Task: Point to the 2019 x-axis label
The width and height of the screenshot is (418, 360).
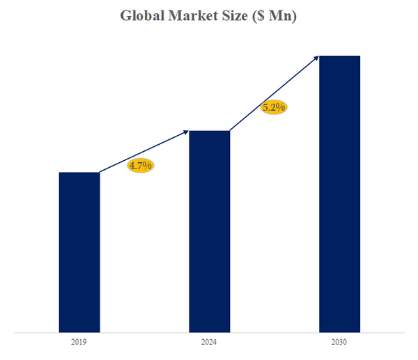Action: pos(79,343)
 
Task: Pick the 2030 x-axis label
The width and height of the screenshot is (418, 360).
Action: pos(339,343)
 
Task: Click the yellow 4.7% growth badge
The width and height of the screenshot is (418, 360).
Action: pos(140,166)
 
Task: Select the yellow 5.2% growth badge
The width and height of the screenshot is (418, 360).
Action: pos(274,107)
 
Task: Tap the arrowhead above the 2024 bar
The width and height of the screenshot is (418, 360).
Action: pos(186,132)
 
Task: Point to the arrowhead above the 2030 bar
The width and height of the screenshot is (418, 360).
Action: pos(316,57)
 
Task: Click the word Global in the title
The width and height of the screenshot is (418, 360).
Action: pos(143,16)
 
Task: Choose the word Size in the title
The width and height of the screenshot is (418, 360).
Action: pos(233,16)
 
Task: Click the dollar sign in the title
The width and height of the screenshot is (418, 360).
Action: pos(258,16)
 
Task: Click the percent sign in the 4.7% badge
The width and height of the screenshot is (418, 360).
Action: pos(148,166)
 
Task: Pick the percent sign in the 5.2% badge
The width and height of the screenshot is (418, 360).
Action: pos(281,107)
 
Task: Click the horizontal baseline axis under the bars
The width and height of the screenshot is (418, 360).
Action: pos(209,333)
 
